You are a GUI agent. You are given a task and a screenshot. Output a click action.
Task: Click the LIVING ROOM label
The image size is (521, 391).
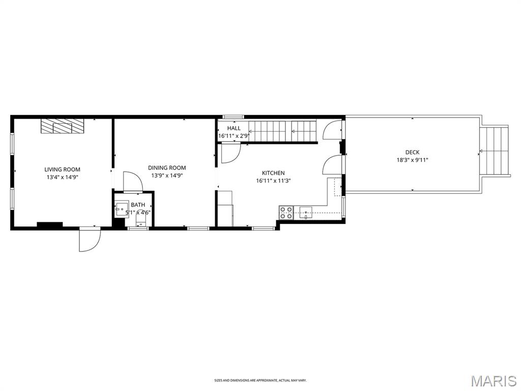[x=62, y=170]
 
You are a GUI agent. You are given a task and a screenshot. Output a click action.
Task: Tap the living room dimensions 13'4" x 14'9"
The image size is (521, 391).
[x=62, y=177]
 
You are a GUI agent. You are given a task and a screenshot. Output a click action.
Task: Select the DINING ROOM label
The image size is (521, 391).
[x=167, y=167]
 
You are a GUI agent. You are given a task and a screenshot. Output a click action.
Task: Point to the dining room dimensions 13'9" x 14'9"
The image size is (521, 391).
[x=167, y=175]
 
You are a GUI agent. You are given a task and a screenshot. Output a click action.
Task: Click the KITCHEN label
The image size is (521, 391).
[x=273, y=173]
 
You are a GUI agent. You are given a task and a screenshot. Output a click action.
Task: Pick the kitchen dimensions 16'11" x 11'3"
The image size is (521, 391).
[x=273, y=181]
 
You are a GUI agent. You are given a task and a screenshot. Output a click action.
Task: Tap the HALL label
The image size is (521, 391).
[x=234, y=128]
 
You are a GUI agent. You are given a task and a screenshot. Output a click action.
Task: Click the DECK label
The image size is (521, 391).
[x=412, y=152]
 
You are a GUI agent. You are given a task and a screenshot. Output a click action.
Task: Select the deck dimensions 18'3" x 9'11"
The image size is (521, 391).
[x=412, y=160]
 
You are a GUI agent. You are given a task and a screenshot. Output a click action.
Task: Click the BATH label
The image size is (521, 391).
[x=138, y=205]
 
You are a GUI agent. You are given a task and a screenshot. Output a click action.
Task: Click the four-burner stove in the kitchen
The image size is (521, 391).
[x=286, y=213]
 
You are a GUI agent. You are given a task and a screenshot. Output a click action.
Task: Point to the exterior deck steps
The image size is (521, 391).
[x=495, y=151]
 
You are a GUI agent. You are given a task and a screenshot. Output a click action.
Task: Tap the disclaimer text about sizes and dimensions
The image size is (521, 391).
[x=260, y=380]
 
